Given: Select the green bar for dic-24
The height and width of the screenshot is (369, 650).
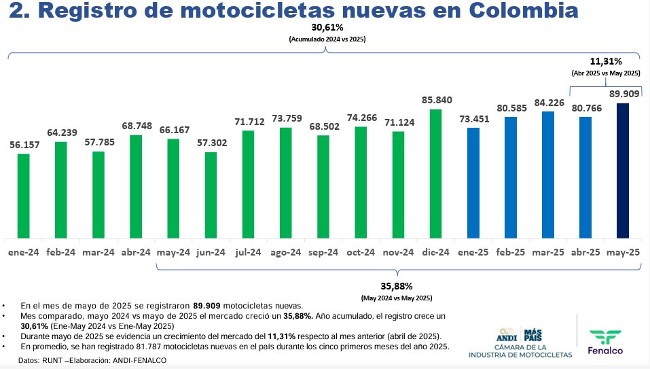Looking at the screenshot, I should coord(436,173).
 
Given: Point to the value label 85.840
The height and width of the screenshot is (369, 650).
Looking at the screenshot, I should coord(436,99).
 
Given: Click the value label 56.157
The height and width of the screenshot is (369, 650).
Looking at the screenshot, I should coord(24,145).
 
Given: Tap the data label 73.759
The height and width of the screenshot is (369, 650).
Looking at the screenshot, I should coord(286,118).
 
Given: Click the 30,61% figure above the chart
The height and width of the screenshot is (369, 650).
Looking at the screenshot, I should coord(327,28).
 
